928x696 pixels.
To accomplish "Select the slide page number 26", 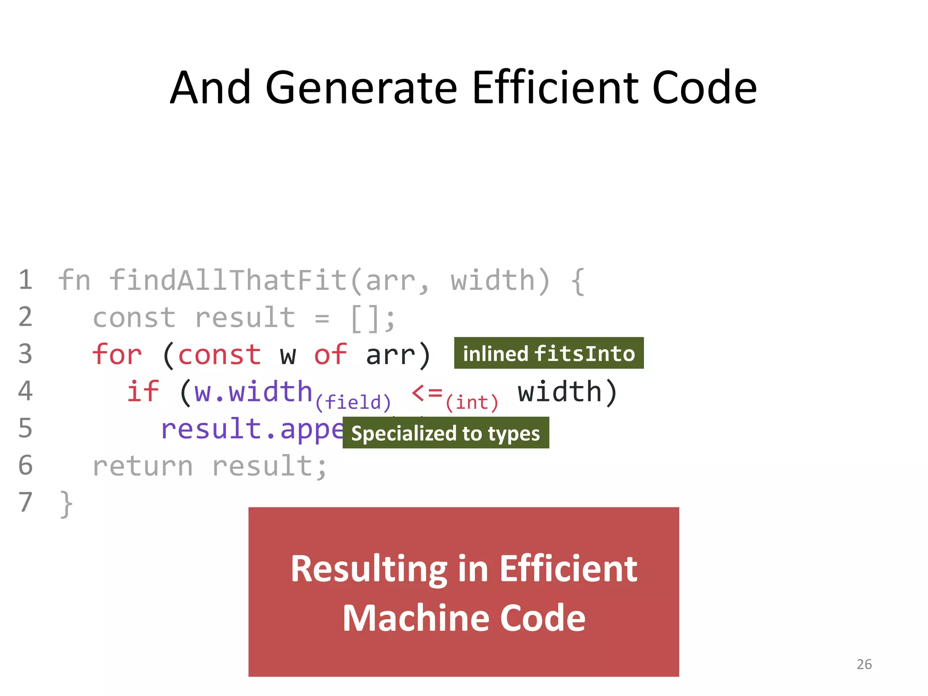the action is [864, 664].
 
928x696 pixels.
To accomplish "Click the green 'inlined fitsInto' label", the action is [549, 353].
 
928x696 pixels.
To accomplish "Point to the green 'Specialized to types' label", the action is [445, 433].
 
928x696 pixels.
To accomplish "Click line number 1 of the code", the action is [25, 280].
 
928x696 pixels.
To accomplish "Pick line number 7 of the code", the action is [25, 502].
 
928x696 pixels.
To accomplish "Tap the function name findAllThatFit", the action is [228, 280].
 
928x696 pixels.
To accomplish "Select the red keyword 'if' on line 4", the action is [143, 391].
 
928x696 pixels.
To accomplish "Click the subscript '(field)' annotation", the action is [353, 402].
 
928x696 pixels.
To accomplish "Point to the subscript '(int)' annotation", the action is [472, 402].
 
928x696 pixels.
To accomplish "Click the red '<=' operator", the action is [427, 392].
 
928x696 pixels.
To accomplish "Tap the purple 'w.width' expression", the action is [253, 391].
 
